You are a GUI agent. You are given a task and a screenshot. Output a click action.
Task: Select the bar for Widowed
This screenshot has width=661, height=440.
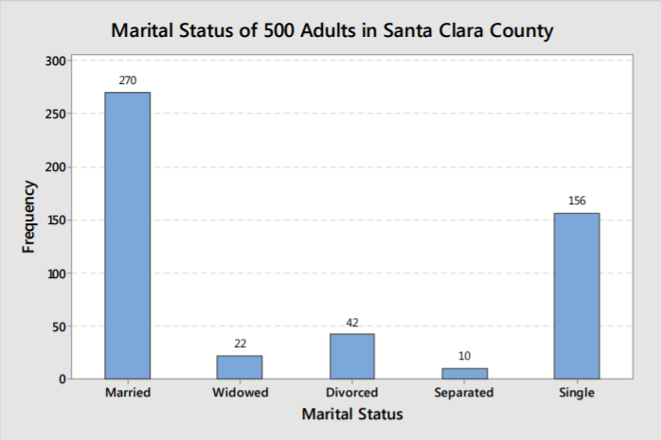(240, 367)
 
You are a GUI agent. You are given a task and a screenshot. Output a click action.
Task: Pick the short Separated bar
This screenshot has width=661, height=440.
(464, 374)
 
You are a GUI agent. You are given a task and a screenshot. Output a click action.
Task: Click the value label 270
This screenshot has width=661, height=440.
(128, 80)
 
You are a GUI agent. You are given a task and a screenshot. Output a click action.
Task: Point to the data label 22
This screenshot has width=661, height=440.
(240, 343)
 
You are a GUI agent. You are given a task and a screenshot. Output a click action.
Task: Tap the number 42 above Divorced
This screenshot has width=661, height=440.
(352, 323)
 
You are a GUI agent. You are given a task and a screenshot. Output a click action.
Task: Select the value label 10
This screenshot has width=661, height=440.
(464, 356)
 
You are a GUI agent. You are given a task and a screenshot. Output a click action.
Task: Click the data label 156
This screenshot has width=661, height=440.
(577, 201)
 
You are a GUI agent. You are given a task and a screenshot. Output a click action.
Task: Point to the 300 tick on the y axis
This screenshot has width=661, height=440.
(55, 61)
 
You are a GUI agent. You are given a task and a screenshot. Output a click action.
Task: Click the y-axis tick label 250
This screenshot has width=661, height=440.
(55, 114)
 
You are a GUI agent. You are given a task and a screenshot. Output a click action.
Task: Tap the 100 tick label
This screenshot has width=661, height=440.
(55, 273)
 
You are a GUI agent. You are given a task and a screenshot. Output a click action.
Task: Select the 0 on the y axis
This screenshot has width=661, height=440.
(61, 379)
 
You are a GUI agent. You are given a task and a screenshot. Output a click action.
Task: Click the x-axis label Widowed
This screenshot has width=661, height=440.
(241, 393)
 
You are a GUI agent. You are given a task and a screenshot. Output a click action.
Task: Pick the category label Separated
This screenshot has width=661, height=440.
(464, 393)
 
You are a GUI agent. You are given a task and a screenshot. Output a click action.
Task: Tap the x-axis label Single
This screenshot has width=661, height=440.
(577, 393)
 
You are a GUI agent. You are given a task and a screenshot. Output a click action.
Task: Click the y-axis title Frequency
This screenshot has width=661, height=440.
(29, 220)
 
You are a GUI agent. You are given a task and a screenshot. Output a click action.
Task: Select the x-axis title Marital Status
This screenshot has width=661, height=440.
(352, 414)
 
